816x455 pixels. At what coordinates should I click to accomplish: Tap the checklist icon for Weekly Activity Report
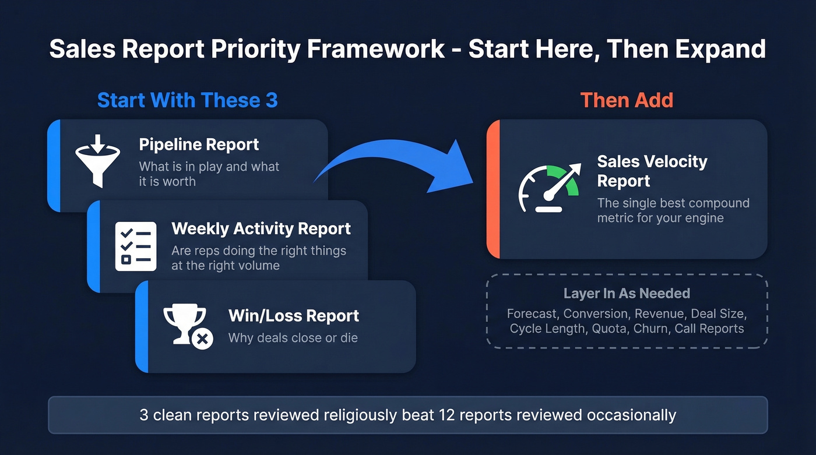coord(136,246)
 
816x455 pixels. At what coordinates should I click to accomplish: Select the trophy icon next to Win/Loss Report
coord(185,323)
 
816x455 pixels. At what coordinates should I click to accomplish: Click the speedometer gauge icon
coord(548,188)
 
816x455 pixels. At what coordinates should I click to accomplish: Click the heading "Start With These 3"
coord(187,100)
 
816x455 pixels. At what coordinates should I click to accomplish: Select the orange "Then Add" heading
coord(627,100)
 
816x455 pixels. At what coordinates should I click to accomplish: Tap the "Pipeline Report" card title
coord(199,144)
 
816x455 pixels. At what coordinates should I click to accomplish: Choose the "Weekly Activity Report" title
coord(261,228)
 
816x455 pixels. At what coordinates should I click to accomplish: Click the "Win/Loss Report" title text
coord(293,316)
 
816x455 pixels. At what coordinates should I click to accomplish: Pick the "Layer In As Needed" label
coord(627,293)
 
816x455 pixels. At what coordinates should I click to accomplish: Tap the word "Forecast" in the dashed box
coord(532,313)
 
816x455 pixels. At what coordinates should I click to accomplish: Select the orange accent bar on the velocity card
coord(493,189)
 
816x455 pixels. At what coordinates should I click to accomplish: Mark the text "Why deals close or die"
coord(293,338)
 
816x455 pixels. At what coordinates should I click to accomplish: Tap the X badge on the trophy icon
coord(203,338)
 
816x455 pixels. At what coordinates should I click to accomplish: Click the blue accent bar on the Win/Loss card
coord(142,326)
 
